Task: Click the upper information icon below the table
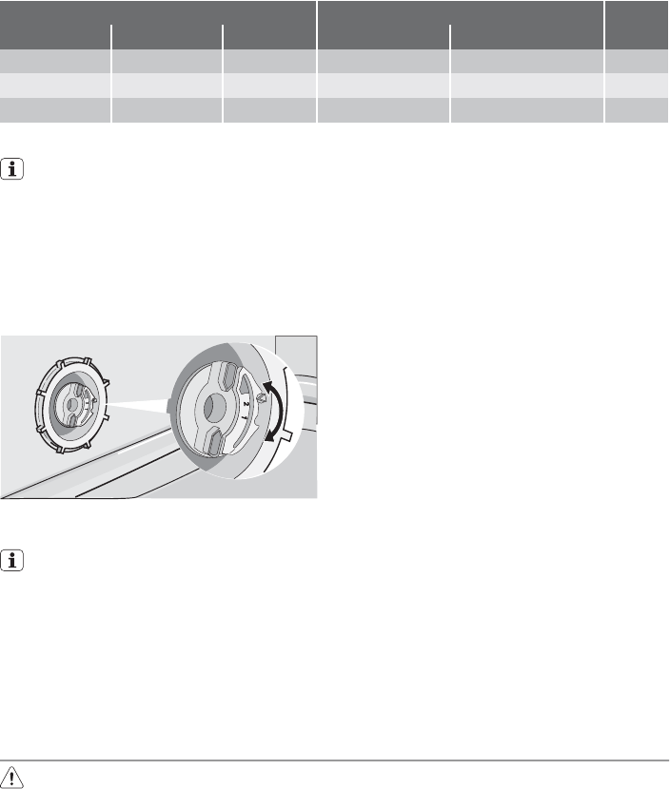[12, 169]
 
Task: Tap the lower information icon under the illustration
[12, 561]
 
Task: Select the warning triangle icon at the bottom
[11, 777]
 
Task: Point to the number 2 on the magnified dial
[246, 404]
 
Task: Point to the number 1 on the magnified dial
[245, 417]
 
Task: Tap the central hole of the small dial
[71, 404]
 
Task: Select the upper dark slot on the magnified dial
[227, 375]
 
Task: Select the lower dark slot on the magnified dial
[214, 442]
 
